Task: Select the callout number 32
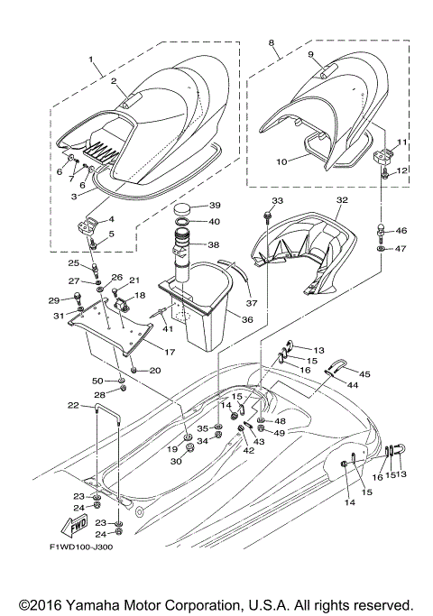coord(342,199)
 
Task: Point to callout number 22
coord(73,406)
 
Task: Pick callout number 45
coord(365,373)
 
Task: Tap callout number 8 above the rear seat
coord(271,42)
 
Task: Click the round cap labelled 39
coord(180,207)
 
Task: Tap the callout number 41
coord(168,328)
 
